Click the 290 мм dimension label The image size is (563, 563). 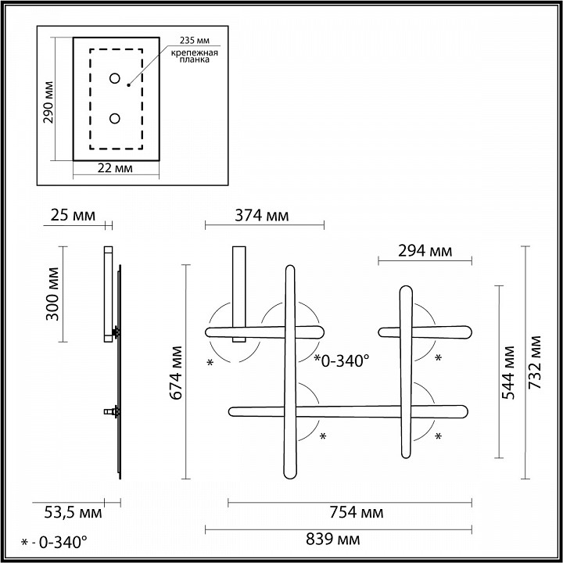click(48, 102)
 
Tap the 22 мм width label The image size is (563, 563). click(115, 168)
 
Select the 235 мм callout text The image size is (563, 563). click(195, 40)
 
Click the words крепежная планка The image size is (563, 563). click(194, 56)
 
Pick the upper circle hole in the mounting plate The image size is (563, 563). click(114, 78)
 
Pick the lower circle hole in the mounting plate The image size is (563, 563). click(114, 119)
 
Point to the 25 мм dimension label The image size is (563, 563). click(73, 216)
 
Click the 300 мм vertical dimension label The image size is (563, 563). click(53, 294)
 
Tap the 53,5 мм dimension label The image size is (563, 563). click(73, 513)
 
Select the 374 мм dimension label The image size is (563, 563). click(262, 216)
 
